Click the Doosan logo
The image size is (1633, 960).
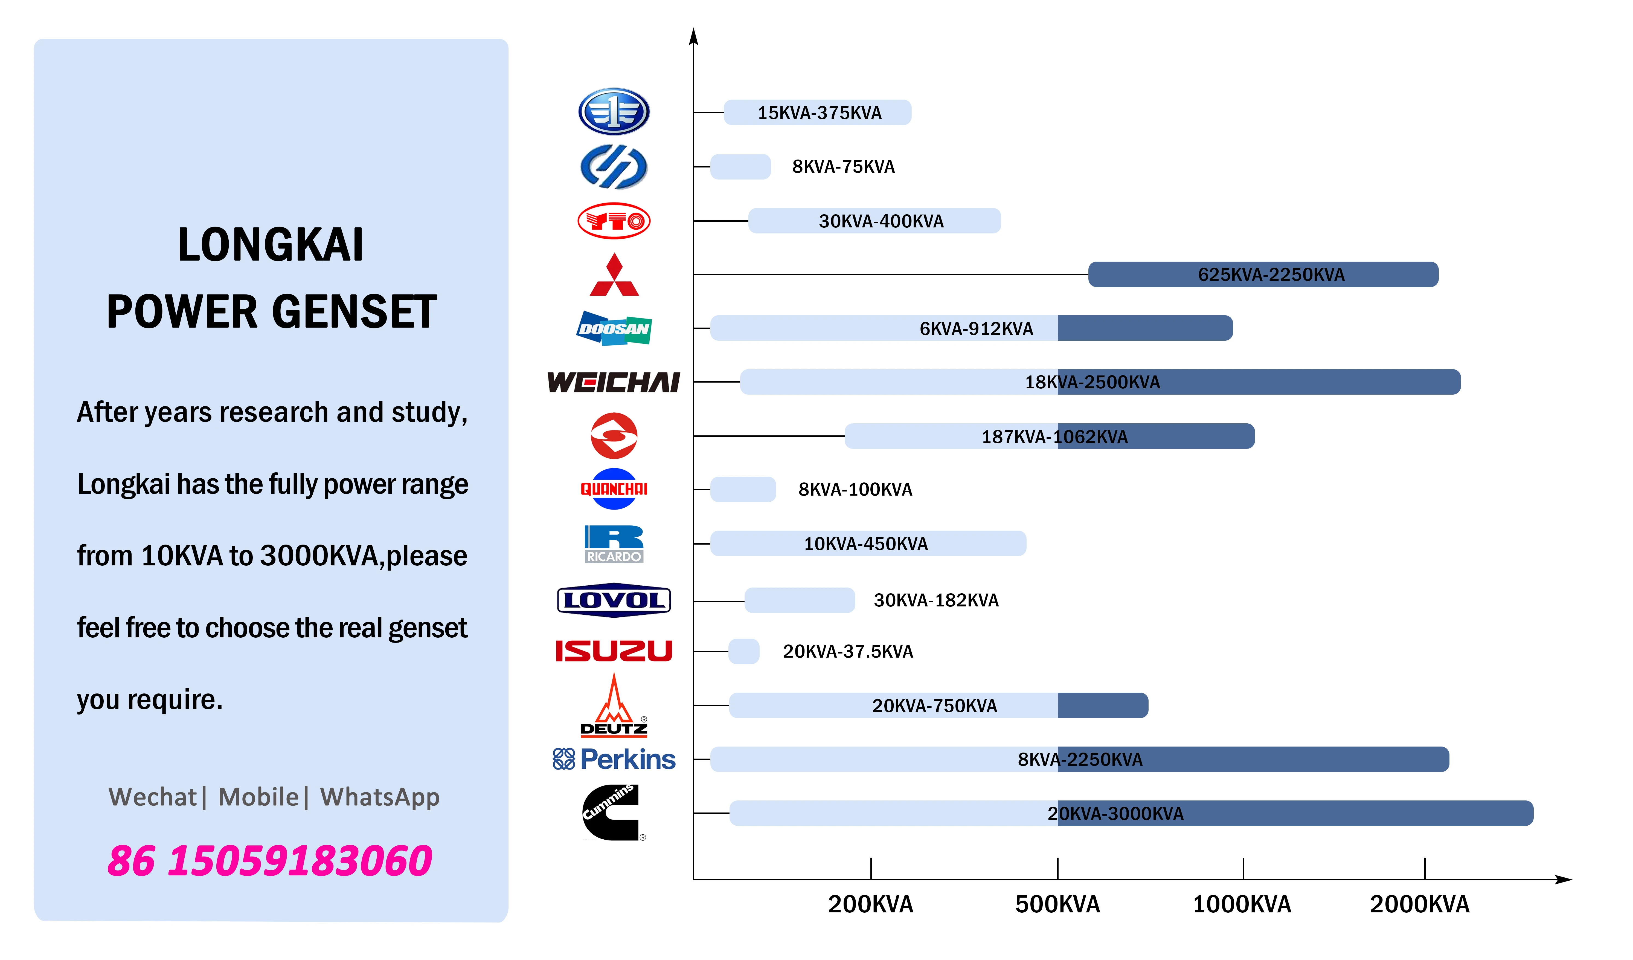click(614, 329)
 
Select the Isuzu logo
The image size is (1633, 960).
click(614, 651)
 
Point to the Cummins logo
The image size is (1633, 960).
click(612, 813)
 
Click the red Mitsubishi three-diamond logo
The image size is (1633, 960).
click(614, 276)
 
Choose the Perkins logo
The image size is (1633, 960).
click(614, 759)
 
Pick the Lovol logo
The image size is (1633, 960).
click(614, 600)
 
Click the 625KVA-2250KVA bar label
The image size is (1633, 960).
click(1271, 275)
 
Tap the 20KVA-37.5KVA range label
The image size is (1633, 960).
click(848, 652)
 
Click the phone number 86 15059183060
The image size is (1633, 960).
click(270, 861)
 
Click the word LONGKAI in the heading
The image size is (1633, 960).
click(271, 245)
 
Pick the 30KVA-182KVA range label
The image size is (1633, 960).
click(936, 600)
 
